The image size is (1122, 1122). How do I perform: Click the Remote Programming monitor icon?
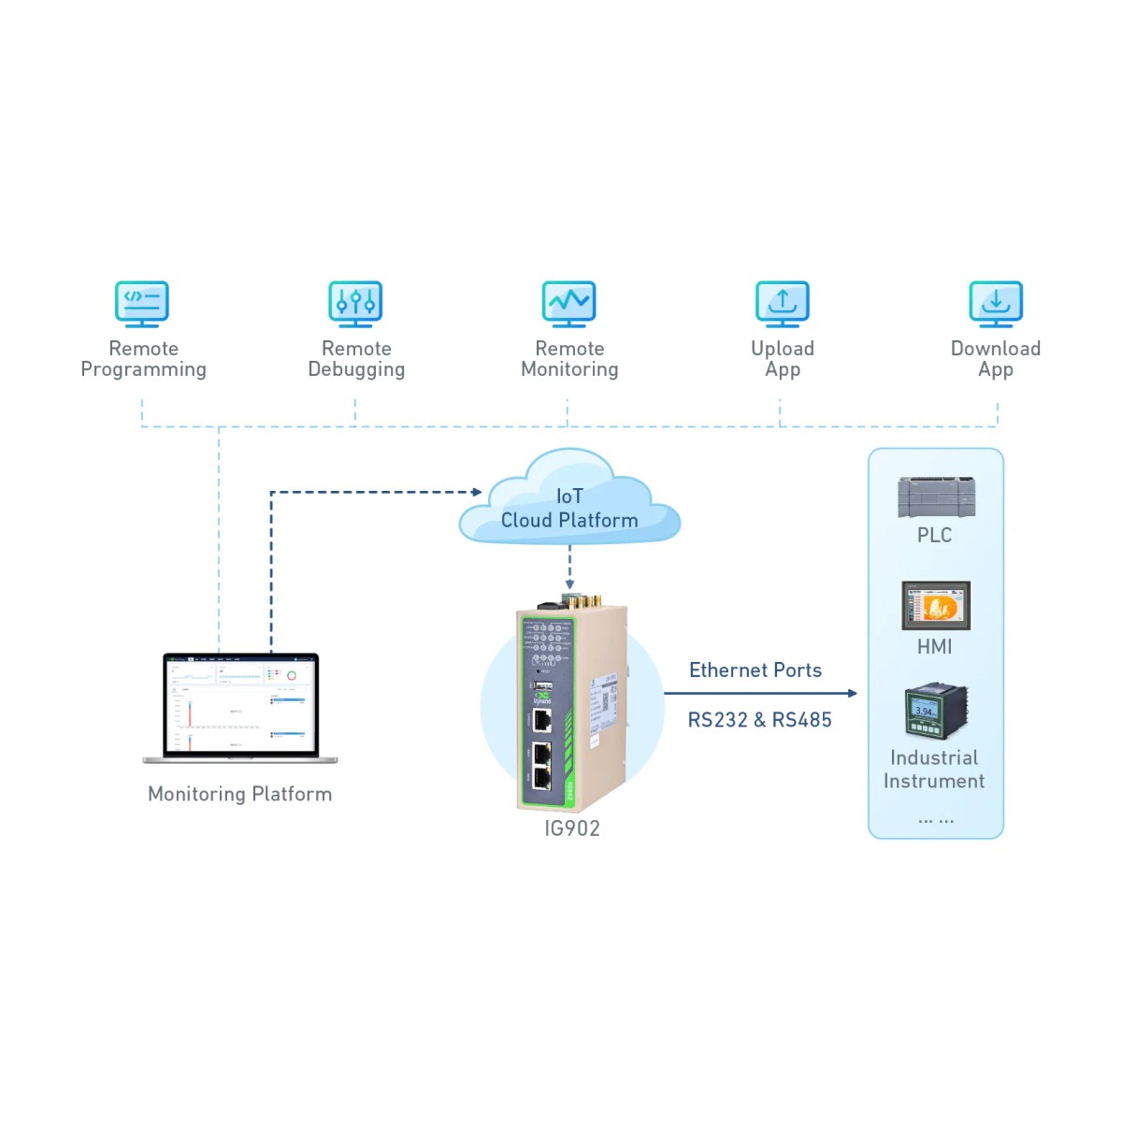point(142,304)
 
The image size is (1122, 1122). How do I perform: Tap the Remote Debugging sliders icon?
point(355,304)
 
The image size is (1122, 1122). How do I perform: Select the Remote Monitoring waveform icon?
point(568,304)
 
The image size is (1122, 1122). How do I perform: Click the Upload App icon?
point(782,304)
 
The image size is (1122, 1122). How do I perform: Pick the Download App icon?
point(996,304)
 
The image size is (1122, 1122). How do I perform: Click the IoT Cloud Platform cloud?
point(568,505)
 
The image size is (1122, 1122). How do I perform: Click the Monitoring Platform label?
point(240,794)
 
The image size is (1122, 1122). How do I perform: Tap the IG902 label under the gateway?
point(572,828)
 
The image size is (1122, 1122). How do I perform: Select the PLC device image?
point(936,496)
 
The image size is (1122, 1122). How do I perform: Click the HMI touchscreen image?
point(936,606)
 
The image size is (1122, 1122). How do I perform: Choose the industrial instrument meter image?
point(935,712)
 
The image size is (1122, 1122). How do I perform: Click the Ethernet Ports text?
point(755,670)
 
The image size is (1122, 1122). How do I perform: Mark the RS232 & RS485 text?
point(759,720)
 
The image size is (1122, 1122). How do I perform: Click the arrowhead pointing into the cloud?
point(477,492)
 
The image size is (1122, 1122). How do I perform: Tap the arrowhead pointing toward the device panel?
point(852,694)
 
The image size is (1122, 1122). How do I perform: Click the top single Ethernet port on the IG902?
point(541,720)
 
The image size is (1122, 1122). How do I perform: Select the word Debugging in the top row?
point(356,370)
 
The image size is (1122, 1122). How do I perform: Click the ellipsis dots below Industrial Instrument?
point(936,820)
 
